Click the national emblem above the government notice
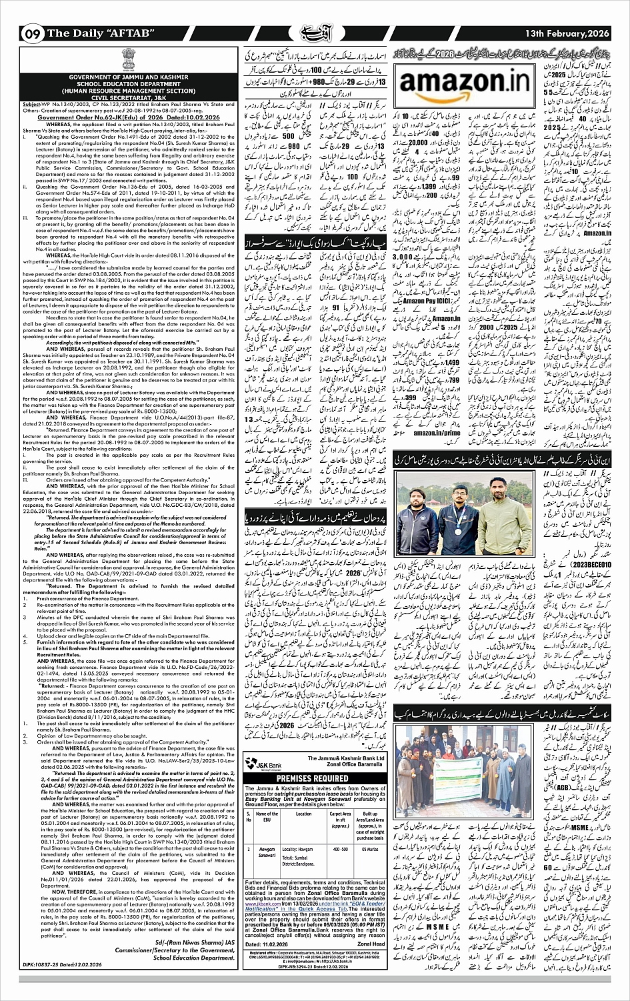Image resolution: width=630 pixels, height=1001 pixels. click(x=125, y=61)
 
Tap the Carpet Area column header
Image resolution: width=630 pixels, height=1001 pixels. click(x=341, y=817)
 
